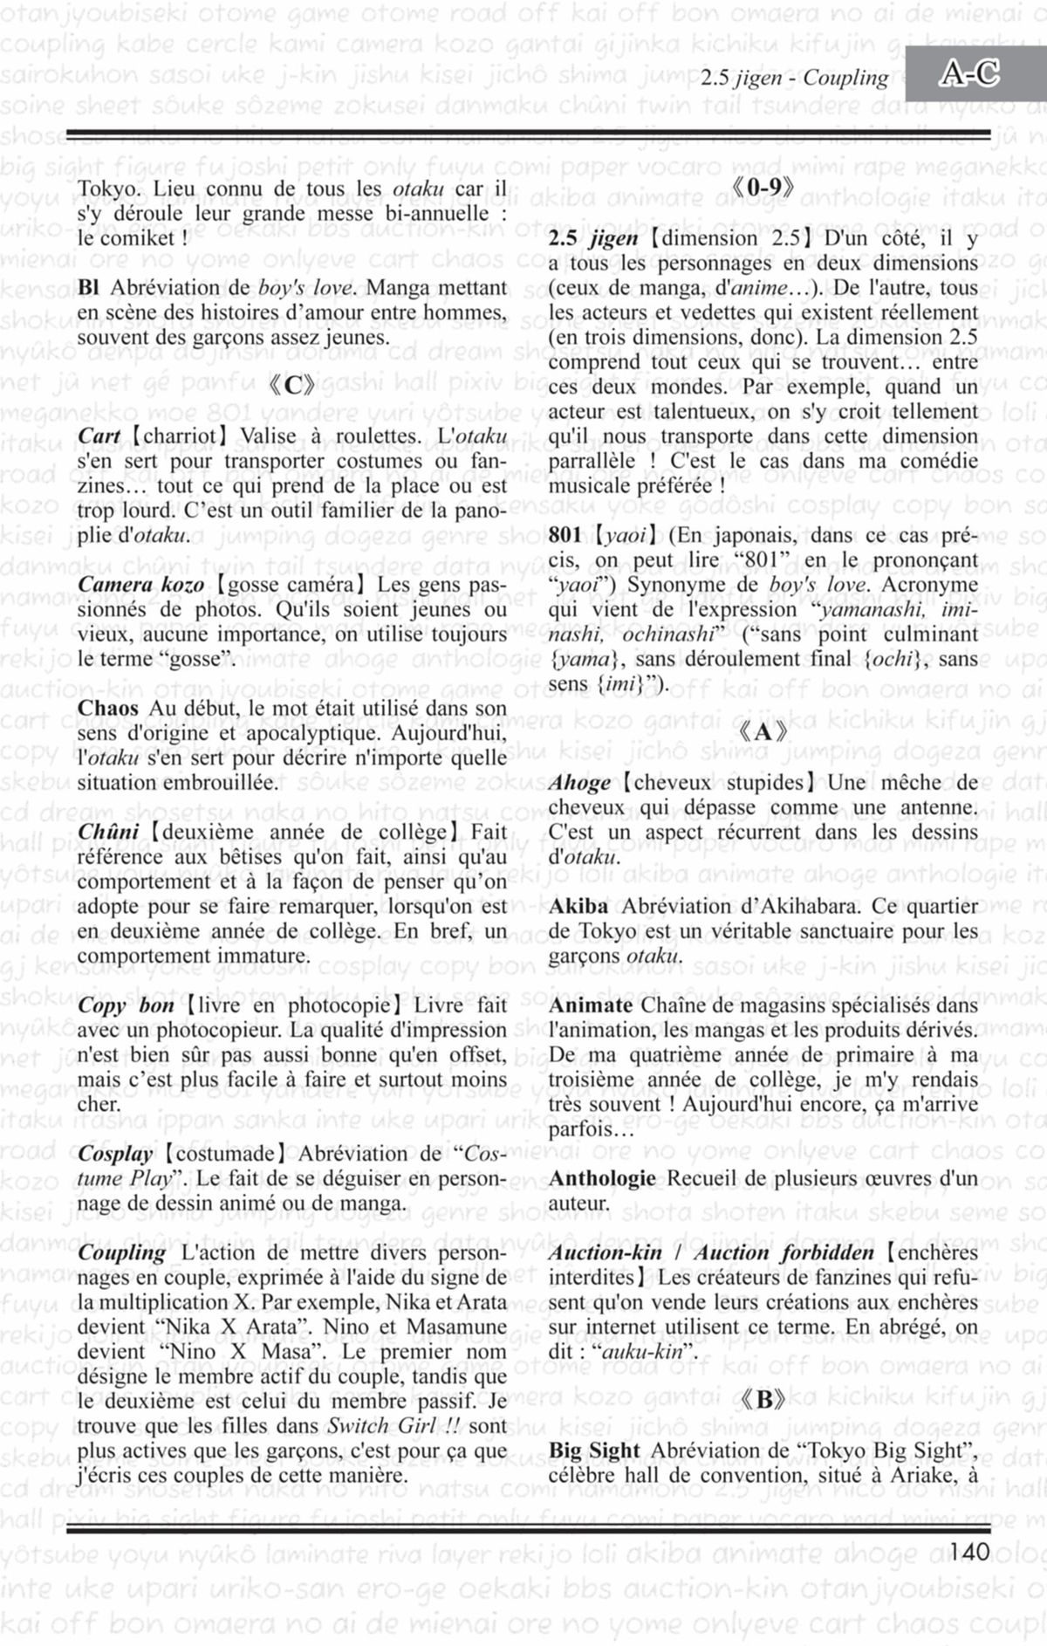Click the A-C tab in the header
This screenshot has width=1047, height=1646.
click(x=968, y=74)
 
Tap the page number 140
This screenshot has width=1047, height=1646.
click(x=969, y=1551)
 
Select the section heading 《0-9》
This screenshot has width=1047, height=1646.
click(x=763, y=188)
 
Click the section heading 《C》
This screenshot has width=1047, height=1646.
click(x=292, y=386)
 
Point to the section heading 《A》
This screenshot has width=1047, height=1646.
click(x=763, y=732)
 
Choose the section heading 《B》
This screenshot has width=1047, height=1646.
click(x=763, y=1401)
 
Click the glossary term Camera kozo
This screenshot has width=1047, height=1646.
click(x=141, y=585)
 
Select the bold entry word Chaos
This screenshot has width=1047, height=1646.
click(x=108, y=708)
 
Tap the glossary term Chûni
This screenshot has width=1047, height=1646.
click(x=108, y=832)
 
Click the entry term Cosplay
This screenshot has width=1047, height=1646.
click(x=115, y=1154)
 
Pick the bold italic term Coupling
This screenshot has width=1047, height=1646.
click(x=121, y=1252)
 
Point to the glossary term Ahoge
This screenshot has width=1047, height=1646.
click(x=579, y=782)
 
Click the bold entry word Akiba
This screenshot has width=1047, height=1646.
click(x=579, y=906)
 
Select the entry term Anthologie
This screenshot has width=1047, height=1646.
click(x=602, y=1178)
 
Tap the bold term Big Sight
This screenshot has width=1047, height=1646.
click(x=594, y=1451)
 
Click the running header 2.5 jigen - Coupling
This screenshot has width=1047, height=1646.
click(x=794, y=79)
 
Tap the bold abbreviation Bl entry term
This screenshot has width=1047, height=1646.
click(x=88, y=287)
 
